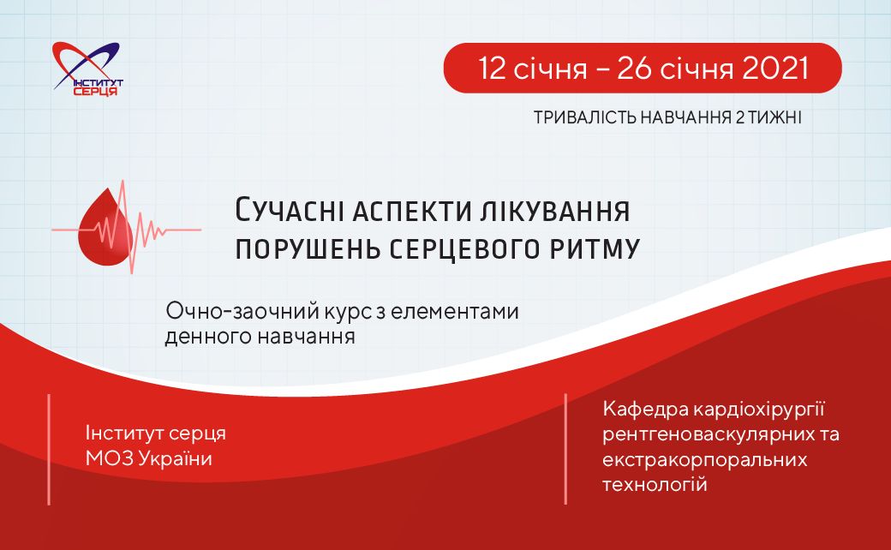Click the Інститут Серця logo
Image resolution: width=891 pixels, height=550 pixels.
coord(87,69)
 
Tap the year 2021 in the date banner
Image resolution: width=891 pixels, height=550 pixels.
coord(775,69)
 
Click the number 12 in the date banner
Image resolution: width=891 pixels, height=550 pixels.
coord(493,69)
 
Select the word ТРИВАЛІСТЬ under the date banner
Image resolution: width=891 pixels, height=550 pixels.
coord(584,117)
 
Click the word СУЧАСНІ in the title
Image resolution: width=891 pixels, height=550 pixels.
coord(290,211)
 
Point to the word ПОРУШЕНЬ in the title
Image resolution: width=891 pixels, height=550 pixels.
coord(308,248)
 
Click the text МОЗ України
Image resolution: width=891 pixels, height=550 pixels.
coord(149,458)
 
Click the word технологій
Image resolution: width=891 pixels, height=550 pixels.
coord(655,484)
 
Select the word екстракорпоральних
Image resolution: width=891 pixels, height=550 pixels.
coord(704,459)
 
